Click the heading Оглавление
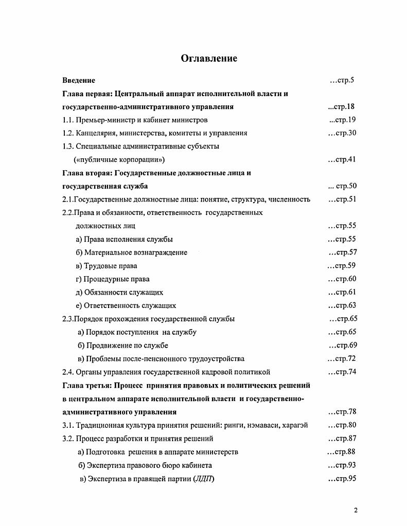pyautogui.click(x=209, y=58)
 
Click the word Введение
pyautogui.click(x=79, y=80)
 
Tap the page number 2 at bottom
pyautogui.click(x=356, y=510)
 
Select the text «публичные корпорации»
pyautogui.click(x=119, y=160)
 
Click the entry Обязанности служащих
pyautogui.click(x=123, y=293)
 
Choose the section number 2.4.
pyautogui.click(x=68, y=372)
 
